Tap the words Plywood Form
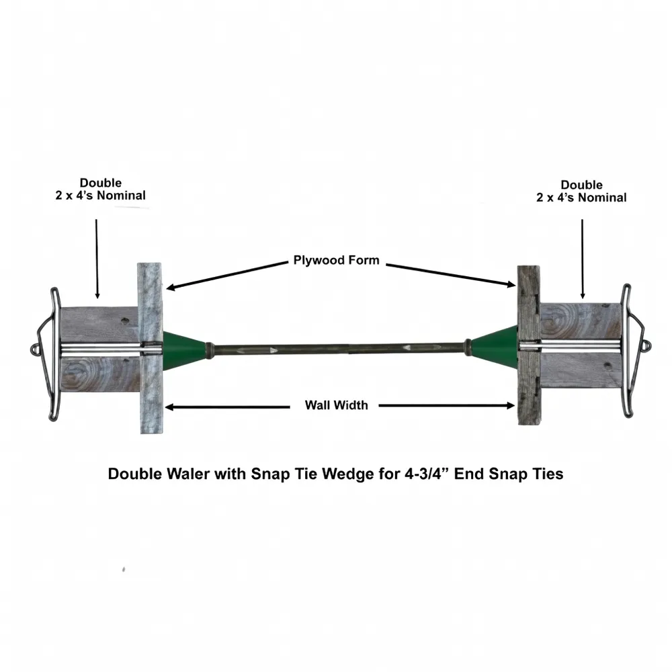336,260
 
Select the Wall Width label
336,405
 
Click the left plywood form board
151,348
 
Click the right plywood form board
529,345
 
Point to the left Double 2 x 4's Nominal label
100,189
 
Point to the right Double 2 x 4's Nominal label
581,191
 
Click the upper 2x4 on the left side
99,325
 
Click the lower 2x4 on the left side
100,374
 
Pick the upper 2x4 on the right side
581,321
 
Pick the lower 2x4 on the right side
581,370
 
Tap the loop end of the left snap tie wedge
35,349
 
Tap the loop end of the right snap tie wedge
646,345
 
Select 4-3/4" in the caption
426,474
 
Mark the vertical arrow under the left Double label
97,259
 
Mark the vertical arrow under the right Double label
582,259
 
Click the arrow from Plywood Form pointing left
227,276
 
